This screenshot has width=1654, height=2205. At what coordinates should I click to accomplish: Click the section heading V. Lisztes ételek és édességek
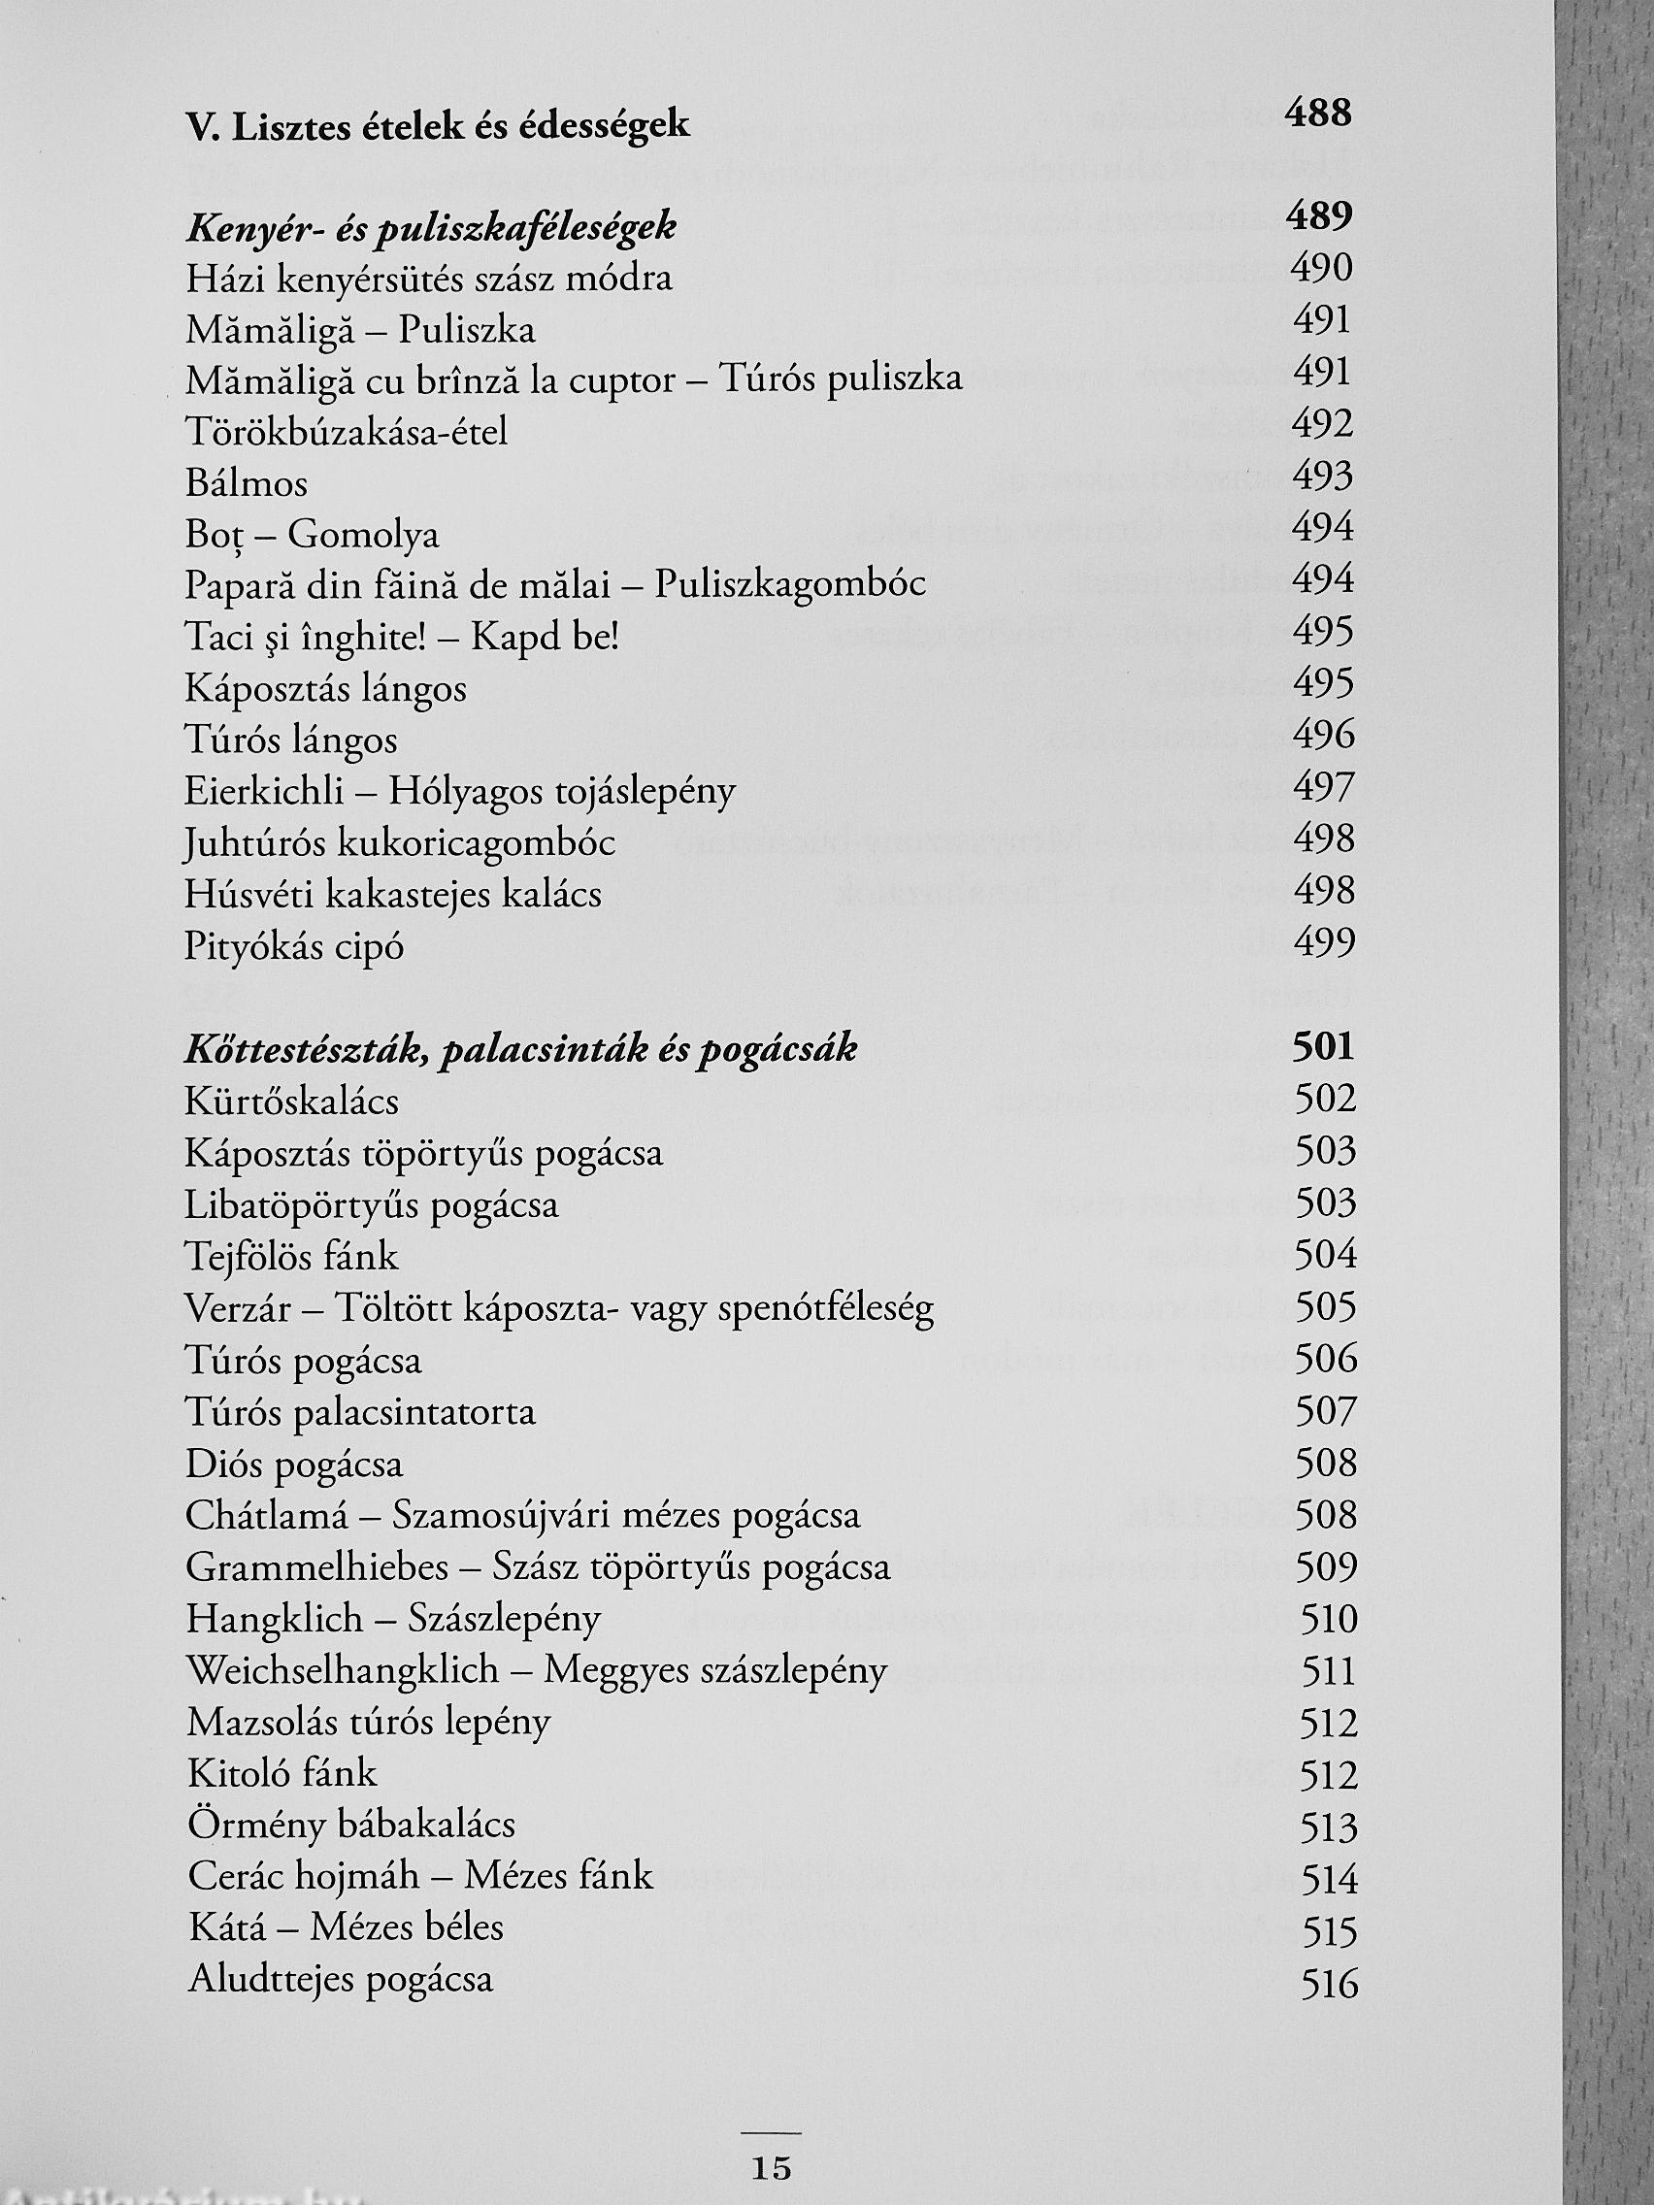pyautogui.click(x=438, y=126)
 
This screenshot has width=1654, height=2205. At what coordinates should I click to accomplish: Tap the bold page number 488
pyautogui.click(x=1318, y=113)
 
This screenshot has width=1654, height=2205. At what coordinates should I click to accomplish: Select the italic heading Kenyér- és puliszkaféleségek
pyautogui.click(x=431, y=228)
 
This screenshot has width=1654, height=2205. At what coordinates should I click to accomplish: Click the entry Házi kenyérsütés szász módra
pyautogui.click(x=429, y=280)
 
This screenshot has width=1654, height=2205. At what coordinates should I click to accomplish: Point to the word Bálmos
pyautogui.click(x=247, y=484)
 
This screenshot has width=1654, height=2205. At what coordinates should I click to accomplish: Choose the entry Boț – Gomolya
pyautogui.click(x=312, y=537)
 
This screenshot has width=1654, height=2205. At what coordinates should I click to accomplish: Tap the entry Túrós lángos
pyautogui.click(x=291, y=740)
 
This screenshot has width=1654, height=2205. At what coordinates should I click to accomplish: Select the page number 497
pyautogui.click(x=1323, y=787)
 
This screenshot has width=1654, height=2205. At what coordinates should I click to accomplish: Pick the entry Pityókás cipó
pyautogui.click(x=294, y=946)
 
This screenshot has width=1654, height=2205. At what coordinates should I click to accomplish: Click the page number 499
pyautogui.click(x=1324, y=942)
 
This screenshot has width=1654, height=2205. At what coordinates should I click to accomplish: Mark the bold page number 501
pyautogui.click(x=1323, y=1046)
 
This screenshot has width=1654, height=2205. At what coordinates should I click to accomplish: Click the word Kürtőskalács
pyautogui.click(x=292, y=1102)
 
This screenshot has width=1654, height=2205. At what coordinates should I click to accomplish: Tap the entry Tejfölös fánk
pyautogui.click(x=292, y=1257)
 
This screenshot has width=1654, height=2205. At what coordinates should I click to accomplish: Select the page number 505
pyautogui.click(x=1326, y=1307)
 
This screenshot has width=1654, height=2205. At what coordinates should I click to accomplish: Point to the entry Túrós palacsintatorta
pyautogui.click(x=361, y=1412)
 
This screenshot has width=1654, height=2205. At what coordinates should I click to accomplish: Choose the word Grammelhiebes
pyautogui.click(x=317, y=1568)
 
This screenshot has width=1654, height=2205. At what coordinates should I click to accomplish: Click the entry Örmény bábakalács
pyautogui.click(x=351, y=1826)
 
